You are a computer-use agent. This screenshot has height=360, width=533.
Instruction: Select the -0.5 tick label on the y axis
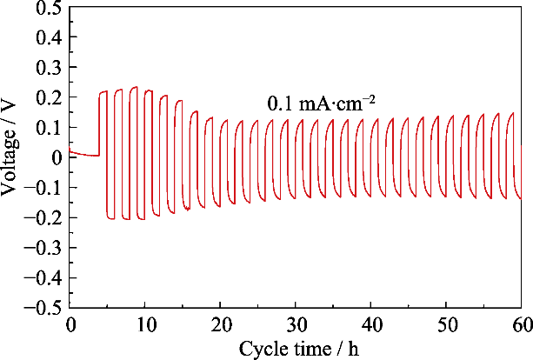tap(44, 308)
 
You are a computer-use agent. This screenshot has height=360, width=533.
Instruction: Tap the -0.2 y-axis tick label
tap(44, 218)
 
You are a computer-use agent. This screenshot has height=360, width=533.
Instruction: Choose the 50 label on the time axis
tap(446, 324)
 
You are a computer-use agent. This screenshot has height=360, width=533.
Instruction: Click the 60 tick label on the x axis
tap(521, 324)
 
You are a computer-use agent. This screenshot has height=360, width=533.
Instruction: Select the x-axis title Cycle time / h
tap(295, 348)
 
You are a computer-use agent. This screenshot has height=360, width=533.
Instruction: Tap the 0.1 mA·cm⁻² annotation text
tap(321, 104)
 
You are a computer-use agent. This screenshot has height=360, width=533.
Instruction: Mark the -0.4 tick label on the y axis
tap(44, 278)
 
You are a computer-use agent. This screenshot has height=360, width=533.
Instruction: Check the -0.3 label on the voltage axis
tap(44, 248)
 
